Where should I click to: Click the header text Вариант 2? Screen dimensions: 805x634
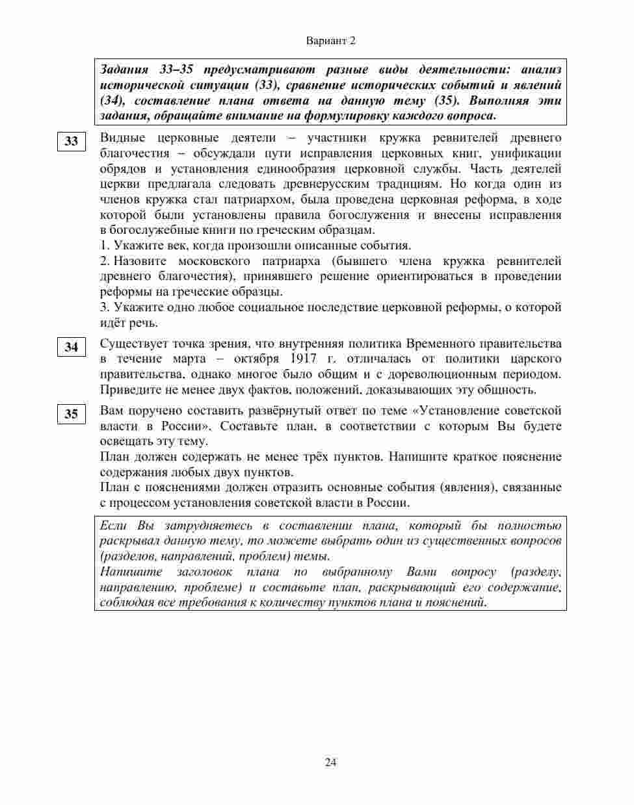tap(330, 41)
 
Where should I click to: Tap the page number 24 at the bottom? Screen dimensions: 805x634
tap(330, 762)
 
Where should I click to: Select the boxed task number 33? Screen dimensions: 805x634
tap(71, 142)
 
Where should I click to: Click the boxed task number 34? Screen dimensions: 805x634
tap(71, 347)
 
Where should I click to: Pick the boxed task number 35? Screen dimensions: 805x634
tap(71, 414)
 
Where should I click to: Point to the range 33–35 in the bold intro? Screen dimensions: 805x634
tap(178, 70)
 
